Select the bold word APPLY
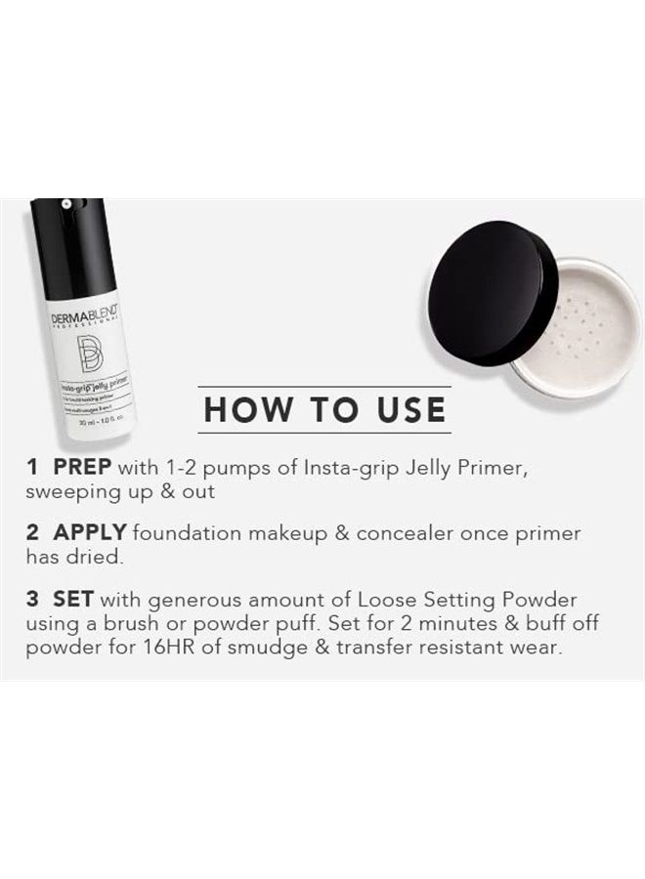point(90,533)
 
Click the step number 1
point(32,468)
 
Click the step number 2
point(33,533)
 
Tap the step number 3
point(33,599)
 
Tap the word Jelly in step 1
point(428,468)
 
